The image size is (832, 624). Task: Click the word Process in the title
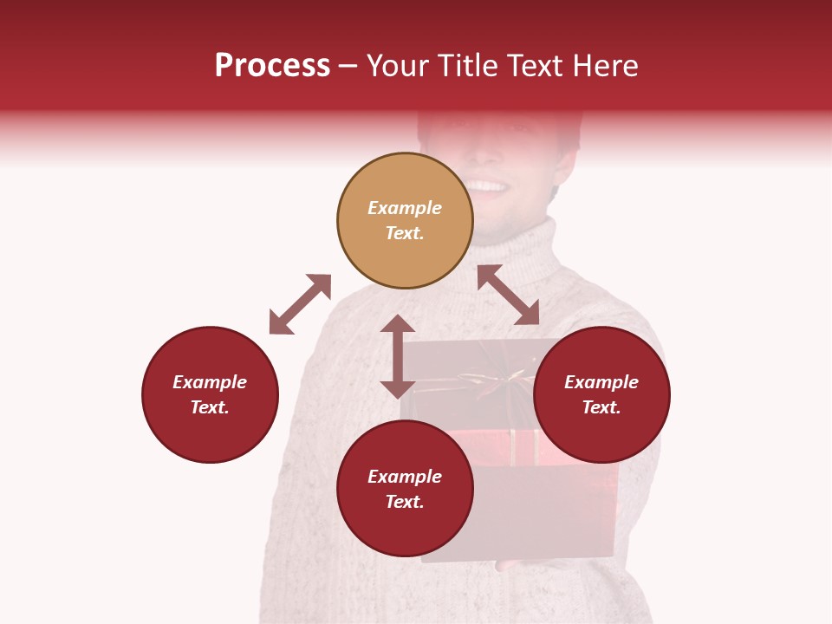click(x=272, y=66)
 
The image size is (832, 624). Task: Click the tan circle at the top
click(x=405, y=220)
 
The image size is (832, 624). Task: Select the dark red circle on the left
click(x=210, y=394)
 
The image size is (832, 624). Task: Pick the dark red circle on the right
click(x=601, y=394)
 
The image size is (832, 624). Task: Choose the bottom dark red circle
click(x=405, y=488)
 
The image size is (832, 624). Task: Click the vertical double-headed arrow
click(x=398, y=356)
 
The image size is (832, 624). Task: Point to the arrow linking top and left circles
click(x=300, y=304)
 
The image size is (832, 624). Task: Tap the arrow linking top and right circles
click(x=508, y=295)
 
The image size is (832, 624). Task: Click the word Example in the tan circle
click(x=405, y=208)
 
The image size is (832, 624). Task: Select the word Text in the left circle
click(x=209, y=407)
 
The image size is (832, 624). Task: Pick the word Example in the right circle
click(x=601, y=382)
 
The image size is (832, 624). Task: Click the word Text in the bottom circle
click(x=404, y=502)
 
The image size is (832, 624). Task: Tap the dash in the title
click(x=348, y=66)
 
